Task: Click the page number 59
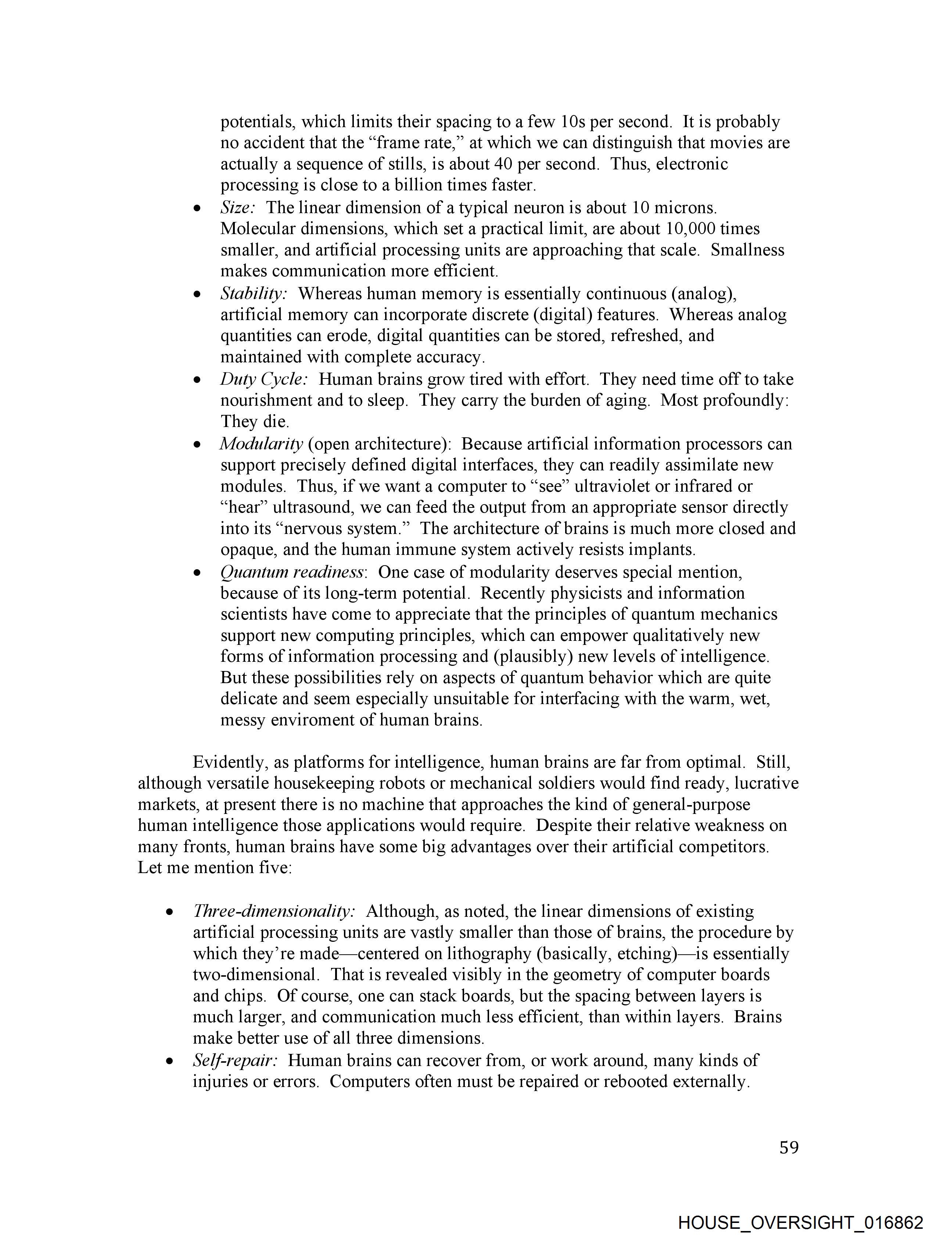[789, 1147]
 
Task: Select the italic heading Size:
[238, 208]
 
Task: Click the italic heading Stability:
[254, 293]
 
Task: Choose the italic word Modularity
[261, 444]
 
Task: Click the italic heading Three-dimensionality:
[274, 911]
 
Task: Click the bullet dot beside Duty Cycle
[197, 380]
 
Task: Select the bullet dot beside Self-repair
[169, 1061]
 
